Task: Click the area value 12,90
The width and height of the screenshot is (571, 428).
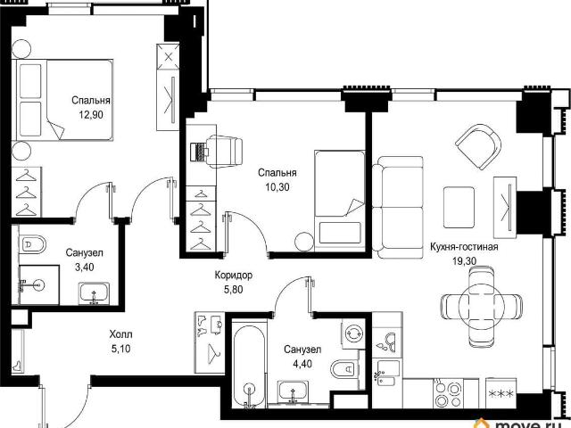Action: click(91, 115)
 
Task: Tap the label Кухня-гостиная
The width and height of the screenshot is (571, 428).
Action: click(464, 247)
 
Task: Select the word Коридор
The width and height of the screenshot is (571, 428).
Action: click(234, 276)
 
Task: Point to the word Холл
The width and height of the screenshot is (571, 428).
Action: click(120, 334)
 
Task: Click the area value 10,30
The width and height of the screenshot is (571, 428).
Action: click(277, 187)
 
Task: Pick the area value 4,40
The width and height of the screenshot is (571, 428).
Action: click(302, 364)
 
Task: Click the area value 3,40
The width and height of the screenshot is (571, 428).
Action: click(84, 267)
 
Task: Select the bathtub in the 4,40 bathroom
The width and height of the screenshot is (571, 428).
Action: click(250, 365)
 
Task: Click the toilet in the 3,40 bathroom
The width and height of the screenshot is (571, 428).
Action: click(33, 244)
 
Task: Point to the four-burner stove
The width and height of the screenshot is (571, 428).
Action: click(448, 393)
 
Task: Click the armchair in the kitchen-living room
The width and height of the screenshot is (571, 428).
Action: click(479, 146)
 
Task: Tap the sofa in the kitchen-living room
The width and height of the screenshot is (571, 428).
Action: click(398, 207)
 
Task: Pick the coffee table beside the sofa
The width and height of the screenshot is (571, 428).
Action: click(459, 207)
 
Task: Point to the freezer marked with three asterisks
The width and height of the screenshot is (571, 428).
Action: click(501, 393)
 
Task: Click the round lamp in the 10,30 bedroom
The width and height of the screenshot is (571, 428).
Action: click(303, 242)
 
